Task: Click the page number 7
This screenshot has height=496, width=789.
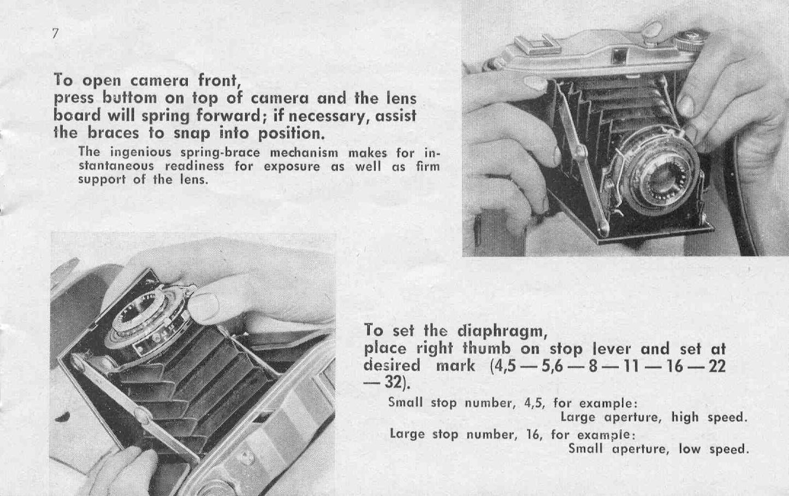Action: (55, 33)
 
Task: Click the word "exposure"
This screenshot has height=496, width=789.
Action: (292, 166)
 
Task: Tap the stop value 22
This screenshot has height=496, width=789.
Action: (715, 366)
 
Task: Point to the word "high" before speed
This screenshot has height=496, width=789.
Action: (685, 417)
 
